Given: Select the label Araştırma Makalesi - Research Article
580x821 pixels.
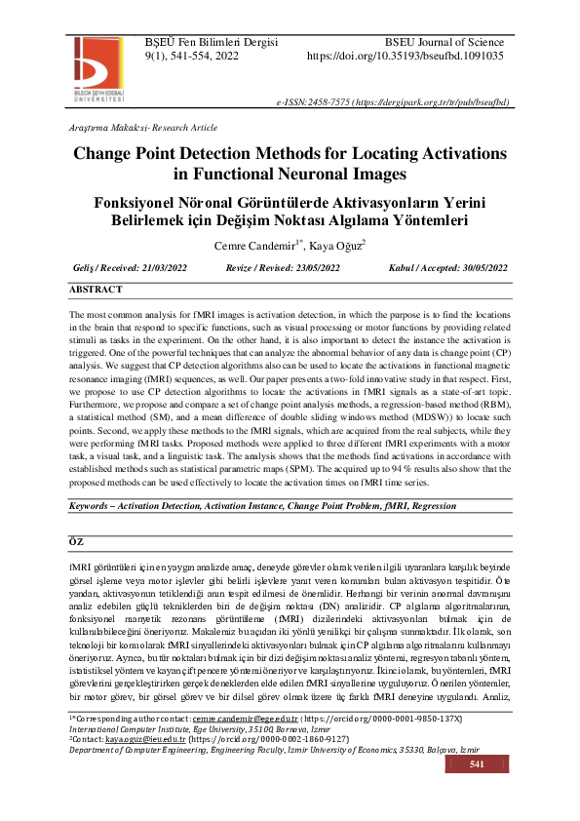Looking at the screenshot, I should point(143,128).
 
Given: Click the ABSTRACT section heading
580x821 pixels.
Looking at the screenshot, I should point(96,290).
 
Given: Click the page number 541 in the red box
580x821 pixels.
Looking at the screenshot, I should point(477,793).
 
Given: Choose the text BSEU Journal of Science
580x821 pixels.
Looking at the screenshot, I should point(445,42).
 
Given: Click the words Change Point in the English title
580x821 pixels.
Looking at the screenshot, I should point(140,154).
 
